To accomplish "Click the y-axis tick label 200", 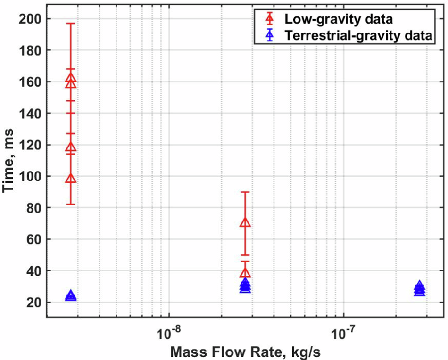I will coord(30,19).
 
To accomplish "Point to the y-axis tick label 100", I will coord(30,176).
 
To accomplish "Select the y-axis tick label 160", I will coord(30,82).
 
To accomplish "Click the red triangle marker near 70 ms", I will coord(245,223).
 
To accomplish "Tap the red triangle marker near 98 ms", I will coord(71,178).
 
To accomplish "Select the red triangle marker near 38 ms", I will coord(245,273).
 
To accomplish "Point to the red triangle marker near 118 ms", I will coord(71,147).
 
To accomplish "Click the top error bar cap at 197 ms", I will coord(71,23).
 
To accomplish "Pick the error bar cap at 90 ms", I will coord(245,192).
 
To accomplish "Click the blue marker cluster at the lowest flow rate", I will coord(71,296).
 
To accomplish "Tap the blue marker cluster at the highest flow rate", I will coord(419,289).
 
